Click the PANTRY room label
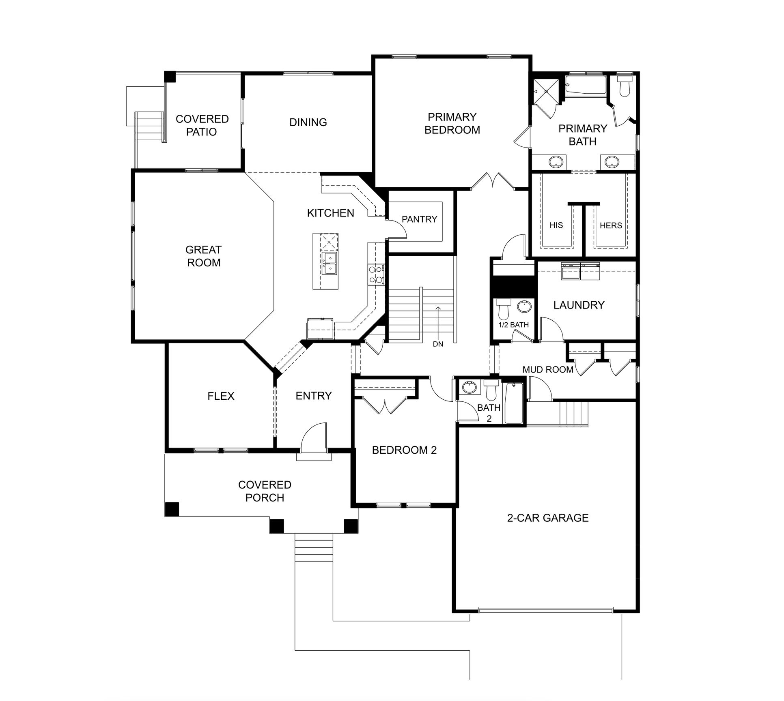coord(419,219)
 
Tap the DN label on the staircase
coord(438,344)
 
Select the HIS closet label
coord(556,225)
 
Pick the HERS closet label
coord(611,225)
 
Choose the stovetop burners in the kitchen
coord(376,274)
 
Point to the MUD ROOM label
coord(548,370)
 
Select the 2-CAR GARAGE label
coord(548,518)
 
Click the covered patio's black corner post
coord(170,77)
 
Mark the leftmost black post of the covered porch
coord(172,509)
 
